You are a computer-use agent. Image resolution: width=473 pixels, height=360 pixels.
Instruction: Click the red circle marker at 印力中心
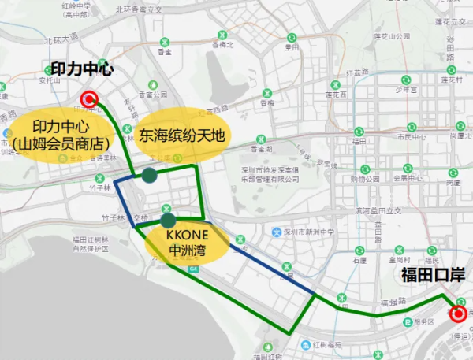coord(88,99)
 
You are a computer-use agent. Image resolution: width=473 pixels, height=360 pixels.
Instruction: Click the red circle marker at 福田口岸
coord(458,314)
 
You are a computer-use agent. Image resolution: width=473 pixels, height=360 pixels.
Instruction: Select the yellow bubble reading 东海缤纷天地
coord(182,135)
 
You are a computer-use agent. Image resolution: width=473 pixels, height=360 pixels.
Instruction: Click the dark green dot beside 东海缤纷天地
coord(149,176)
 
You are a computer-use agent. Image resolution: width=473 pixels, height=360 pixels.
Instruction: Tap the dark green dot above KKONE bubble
coord(168,220)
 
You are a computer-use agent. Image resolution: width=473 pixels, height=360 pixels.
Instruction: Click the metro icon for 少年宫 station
coord(407,80)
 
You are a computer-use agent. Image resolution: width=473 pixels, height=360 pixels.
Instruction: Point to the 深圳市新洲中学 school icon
coord(277,232)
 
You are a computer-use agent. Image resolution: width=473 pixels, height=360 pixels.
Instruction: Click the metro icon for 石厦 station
coord(359,249)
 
